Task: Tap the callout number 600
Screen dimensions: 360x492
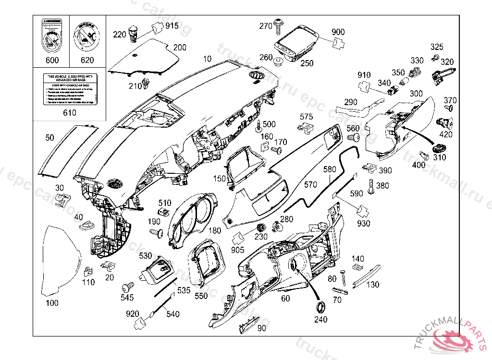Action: [x=51, y=60]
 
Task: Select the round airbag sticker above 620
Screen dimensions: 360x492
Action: [x=87, y=36]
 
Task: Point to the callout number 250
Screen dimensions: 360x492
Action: [x=307, y=63]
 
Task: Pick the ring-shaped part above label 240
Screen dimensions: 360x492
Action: [x=320, y=307]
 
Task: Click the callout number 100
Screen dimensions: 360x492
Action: [x=52, y=303]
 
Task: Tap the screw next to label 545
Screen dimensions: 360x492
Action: [x=128, y=288]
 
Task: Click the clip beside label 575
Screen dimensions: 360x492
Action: [x=306, y=127]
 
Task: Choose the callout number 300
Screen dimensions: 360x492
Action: [x=416, y=93]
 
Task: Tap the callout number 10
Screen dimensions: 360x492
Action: [x=207, y=59]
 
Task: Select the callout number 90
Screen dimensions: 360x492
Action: [x=261, y=328]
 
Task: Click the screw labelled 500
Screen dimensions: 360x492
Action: [x=259, y=128]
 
